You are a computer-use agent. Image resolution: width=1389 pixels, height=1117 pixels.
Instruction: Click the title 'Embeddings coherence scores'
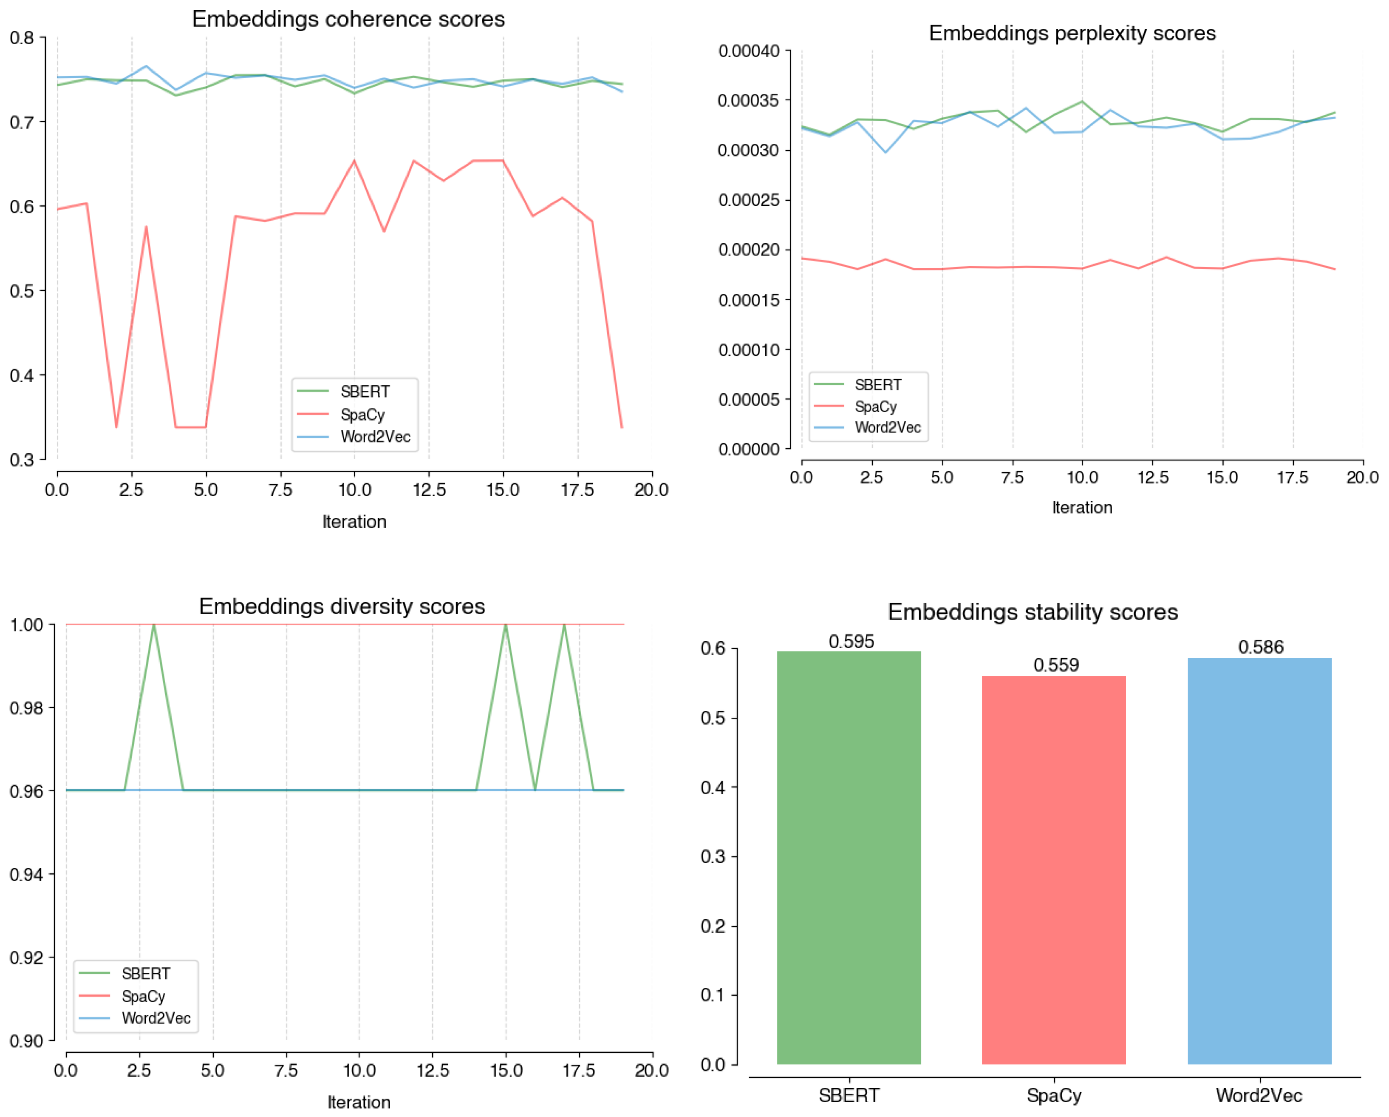click(x=348, y=19)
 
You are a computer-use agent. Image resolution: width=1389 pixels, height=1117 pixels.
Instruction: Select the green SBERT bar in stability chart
click(x=849, y=857)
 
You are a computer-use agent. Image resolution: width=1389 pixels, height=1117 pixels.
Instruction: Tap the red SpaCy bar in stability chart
click(x=1053, y=870)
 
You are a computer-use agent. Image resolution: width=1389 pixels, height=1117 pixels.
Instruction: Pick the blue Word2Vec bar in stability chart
click(x=1259, y=861)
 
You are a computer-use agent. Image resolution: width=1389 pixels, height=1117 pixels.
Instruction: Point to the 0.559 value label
click(x=1056, y=665)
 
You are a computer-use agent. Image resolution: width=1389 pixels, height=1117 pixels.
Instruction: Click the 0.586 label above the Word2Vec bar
click(x=1261, y=647)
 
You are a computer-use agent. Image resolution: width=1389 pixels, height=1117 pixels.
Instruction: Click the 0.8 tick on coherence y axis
click(x=22, y=38)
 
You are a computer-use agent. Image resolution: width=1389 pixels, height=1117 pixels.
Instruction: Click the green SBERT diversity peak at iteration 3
click(x=154, y=625)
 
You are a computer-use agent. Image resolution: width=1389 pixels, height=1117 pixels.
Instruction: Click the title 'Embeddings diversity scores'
click(x=342, y=606)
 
